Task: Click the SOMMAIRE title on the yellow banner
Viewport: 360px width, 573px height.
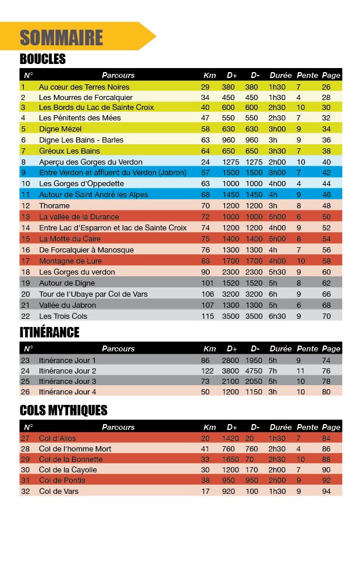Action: click(61, 38)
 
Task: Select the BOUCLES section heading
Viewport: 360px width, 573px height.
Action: click(42, 59)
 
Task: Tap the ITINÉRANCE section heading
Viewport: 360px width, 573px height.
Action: click(49, 333)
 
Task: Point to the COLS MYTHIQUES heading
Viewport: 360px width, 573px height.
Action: click(63, 411)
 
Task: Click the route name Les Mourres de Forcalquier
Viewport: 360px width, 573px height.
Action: click(85, 97)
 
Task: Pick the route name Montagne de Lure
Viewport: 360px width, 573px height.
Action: click(69, 261)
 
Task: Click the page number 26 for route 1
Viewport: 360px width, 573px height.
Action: click(326, 87)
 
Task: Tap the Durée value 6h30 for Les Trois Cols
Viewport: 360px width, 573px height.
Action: click(277, 316)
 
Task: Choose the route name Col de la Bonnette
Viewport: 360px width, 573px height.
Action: click(72, 459)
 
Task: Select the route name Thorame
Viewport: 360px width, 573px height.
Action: click(54, 205)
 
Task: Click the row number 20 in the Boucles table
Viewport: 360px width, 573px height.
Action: click(25, 294)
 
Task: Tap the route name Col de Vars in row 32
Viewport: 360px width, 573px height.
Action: click(58, 491)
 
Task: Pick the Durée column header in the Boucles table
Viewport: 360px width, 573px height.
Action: click(280, 75)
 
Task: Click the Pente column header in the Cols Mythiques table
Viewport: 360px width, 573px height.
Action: click(307, 427)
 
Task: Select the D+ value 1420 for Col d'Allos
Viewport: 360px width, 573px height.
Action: click(231, 438)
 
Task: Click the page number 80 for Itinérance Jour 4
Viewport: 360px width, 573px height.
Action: click(326, 392)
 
